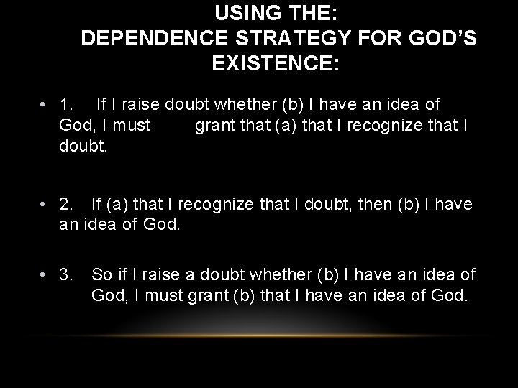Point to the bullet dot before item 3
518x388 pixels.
pyautogui.click(x=45, y=274)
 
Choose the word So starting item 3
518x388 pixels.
pyautogui.click(x=101, y=274)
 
